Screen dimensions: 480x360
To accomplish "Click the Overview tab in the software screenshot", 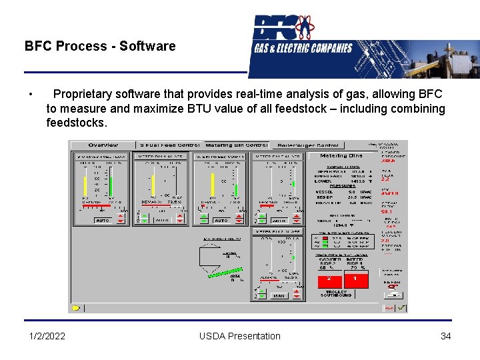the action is click(x=103, y=145).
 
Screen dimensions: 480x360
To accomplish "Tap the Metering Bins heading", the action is click(x=341, y=155).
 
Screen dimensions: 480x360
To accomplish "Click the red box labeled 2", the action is click(x=329, y=278).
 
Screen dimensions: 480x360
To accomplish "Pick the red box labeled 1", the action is click(x=355, y=278).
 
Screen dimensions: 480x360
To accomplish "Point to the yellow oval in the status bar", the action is click(x=75, y=308).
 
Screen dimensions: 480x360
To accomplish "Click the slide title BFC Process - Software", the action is click(x=100, y=46).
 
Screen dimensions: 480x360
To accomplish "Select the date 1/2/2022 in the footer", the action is click(x=47, y=336).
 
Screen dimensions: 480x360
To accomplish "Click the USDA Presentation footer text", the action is click(x=240, y=336).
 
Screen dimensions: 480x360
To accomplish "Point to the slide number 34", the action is click(x=445, y=336).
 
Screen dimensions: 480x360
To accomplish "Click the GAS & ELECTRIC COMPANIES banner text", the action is click(x=303, y=48).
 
